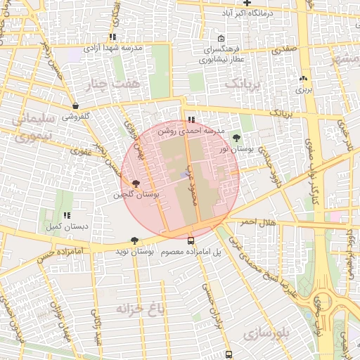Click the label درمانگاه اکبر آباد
[x=245, y=13]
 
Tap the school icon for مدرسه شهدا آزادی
[x=112, y=37]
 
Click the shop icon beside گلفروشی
[x=75, y=106]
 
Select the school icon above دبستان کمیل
[x=67, y=216]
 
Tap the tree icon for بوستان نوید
[x=134, y=240]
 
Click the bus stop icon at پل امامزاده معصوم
[x=191, y=240]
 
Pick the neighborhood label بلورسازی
[x=266, y=334]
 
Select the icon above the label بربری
[x=303, y=79]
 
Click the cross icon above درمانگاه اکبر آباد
[x=246, y=4]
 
